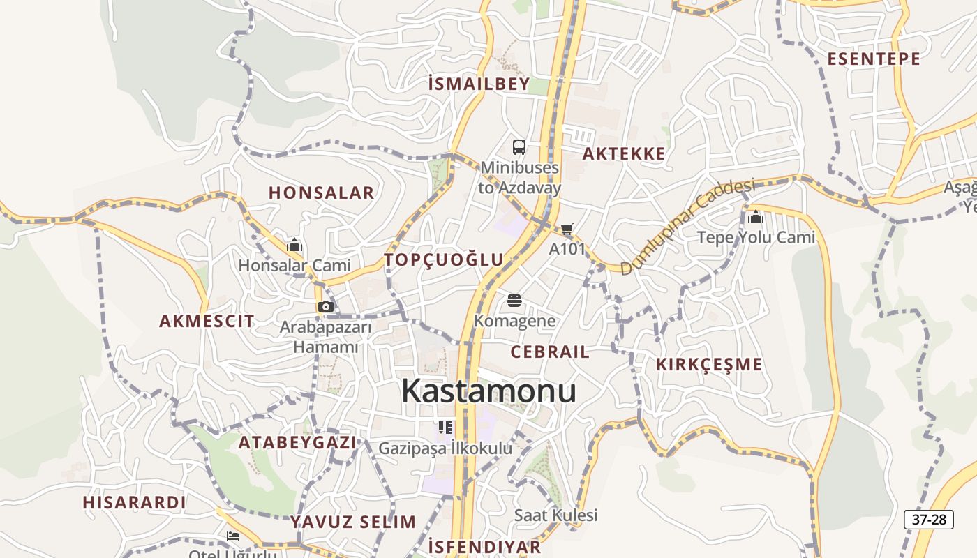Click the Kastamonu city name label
(x=488, y=391)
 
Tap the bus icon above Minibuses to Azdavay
(x=519, y=147)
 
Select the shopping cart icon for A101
(x=567, y=229)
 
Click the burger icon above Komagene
(x=514, y=301)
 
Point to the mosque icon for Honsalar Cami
(x=294, y=246)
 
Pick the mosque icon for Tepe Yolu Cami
(x=755, y=218)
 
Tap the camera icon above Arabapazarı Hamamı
(x=325, y=306)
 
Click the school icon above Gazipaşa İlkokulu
(x=445, y=427)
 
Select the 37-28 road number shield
(x=928, y=519)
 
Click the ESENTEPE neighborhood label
(x=874, y=59)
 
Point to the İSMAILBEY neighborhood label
(x=479, y=84)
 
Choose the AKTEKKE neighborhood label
(x=623, y=154)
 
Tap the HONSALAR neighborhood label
(x=322, y=193)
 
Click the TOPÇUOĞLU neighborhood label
(x=444, y=260)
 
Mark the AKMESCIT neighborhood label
(x=207, y=322)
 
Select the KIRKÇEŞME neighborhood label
(x=709, y=364)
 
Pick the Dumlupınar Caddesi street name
(x=687, y=227)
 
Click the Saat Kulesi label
(x=555, y=515)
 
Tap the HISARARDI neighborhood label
(x=134, y=502)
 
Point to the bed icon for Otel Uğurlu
(x=233, y=536)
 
